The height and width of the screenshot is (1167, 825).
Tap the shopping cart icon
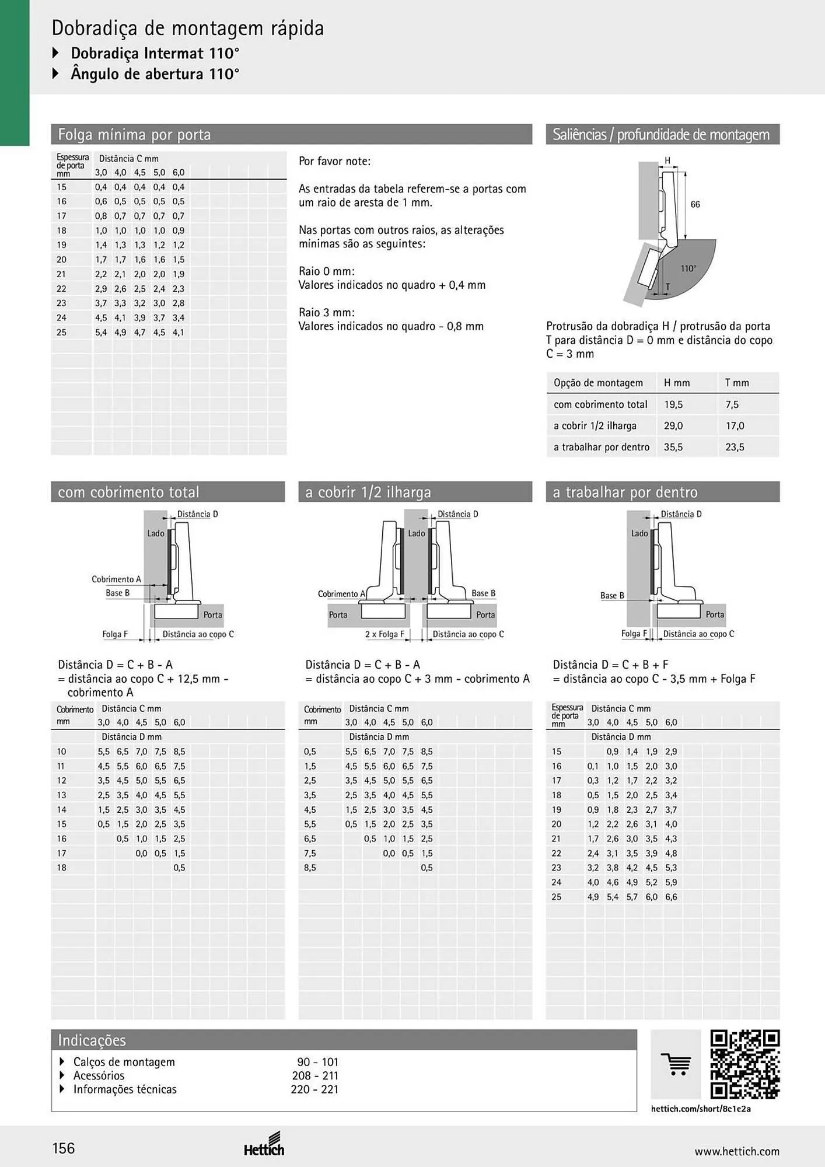[x=676, y=1064]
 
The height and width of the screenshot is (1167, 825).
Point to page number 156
[x=64, y=1148]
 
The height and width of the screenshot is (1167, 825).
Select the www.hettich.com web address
[x=737, y=1151]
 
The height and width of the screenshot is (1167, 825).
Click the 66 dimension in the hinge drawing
[x=695, y=204]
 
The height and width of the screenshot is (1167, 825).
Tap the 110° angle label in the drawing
[x=688, y=268]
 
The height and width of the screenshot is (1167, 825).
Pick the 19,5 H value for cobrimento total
[x=673, y=404]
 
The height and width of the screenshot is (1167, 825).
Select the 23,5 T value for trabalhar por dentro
[x=735, y=447]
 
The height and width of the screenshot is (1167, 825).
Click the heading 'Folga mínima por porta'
[x=134, y=135]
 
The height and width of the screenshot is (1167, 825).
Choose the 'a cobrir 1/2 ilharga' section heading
[x=368, y=492]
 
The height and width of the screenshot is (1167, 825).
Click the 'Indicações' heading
[x=92, y=1040]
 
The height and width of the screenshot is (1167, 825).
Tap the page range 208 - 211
[x=315, y=1075]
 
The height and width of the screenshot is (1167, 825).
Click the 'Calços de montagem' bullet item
[x=124, y=1062]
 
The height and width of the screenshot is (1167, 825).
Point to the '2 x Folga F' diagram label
[x=384, y=634]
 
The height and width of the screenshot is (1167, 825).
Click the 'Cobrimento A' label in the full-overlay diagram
[x=116, y=579]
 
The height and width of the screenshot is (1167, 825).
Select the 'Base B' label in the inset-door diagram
[x=612, y=595]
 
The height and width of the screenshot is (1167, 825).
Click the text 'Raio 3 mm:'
[x=327, y=312]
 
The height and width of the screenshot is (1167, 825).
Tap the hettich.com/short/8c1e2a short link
[x=701, y=1109]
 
